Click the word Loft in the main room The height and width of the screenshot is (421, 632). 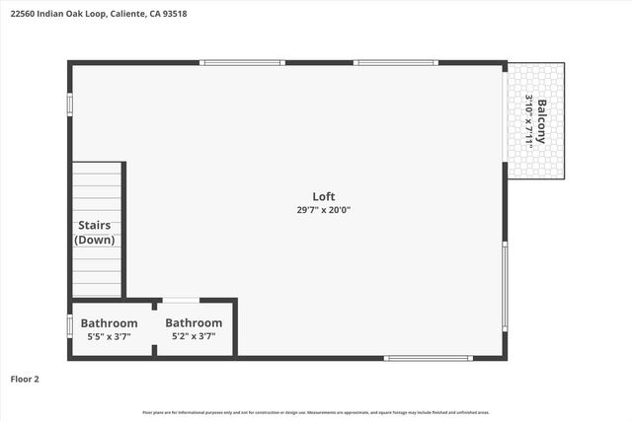(323, 195)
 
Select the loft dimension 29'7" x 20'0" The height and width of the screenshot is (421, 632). (323, 209)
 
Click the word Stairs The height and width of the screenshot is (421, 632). (94, 226)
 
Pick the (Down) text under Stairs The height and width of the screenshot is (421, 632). (94, 240)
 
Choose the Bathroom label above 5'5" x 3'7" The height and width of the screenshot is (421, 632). (109, 322)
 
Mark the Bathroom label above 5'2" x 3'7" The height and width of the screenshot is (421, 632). (194, 322)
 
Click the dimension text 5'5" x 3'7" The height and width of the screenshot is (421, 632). (109, 336)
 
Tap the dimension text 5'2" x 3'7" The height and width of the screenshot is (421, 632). (194, 336)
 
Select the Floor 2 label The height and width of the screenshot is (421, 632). (25, 378)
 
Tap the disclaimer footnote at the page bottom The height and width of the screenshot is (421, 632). (316, 412)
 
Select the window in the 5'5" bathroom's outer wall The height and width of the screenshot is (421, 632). (69, 325)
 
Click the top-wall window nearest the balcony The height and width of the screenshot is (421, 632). (396, 63)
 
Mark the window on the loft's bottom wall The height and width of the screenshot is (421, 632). (422, 358)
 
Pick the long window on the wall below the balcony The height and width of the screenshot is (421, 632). (505, 288)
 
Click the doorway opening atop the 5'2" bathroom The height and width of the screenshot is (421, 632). (181, 300)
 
